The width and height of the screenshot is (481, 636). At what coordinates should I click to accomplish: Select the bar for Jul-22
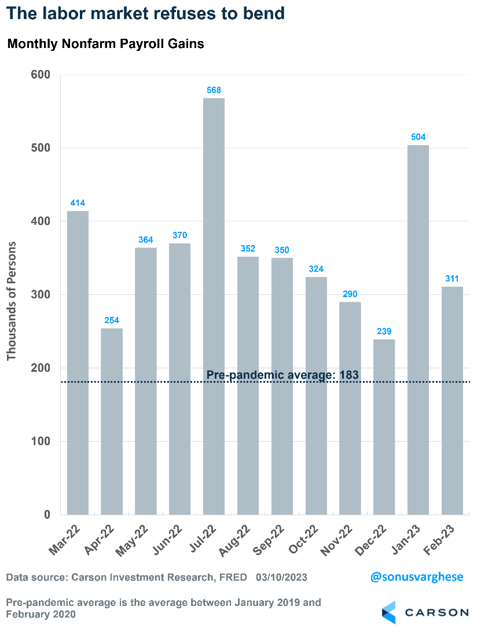[x=214, y=306]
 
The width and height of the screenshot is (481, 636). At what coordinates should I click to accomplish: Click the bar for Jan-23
[x=418, y=330]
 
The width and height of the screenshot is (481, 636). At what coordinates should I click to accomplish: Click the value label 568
[x=214, y=90]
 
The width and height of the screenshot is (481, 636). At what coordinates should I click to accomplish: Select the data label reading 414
[x=78, y=203]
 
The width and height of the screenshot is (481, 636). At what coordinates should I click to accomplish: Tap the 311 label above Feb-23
[x=453, y=279]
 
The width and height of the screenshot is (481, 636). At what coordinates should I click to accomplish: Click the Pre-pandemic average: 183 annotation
[x=282, y=375]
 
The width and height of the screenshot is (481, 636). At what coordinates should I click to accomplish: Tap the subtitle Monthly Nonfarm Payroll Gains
[x=105, y=44]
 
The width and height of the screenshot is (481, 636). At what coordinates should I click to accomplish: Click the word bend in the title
[x=265, y=13]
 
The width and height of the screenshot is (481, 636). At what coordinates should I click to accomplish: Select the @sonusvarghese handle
[x=417, y=577]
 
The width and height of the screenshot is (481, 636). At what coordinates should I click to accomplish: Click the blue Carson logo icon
[x=389, y=612]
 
